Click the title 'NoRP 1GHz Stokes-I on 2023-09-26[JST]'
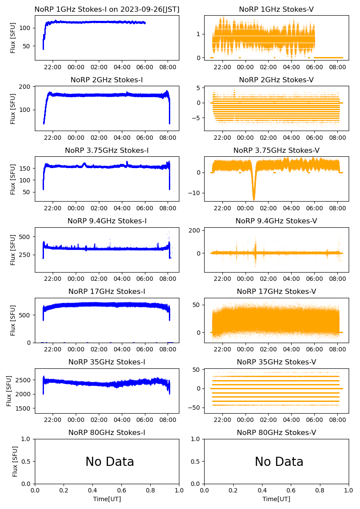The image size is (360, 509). tap(107, 9)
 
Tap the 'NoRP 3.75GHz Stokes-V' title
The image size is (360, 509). tap(276, 150)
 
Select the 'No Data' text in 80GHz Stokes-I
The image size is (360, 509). tap(110, 462)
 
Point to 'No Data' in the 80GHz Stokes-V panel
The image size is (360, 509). tap(279, 462)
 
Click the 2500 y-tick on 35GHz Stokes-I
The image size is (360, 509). tap(24, 380)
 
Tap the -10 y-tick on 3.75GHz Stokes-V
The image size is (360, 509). tap(195, 193)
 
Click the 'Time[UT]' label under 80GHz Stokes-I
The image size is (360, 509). tap(107, 499)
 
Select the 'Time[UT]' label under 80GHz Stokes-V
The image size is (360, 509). tap(276, 499)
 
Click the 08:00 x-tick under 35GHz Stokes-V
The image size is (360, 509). tap(337, 420)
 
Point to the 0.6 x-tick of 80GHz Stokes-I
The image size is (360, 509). tap(121, 491)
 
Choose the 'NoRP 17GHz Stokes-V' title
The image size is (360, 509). tap(276, 291)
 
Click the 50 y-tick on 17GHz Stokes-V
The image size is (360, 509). tap(196, 305)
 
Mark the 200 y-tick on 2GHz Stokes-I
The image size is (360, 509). tap(25, 87)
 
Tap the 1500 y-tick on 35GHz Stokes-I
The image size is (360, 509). tap(24, 408)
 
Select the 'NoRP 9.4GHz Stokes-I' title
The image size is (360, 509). tap(107, 221)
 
